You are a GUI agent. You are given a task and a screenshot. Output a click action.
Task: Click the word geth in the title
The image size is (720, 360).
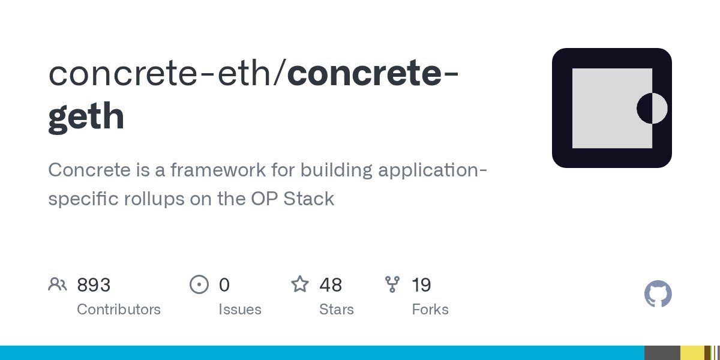86,116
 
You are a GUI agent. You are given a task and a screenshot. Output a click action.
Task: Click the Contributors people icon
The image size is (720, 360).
58,284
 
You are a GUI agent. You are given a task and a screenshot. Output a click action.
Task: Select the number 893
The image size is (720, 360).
94,285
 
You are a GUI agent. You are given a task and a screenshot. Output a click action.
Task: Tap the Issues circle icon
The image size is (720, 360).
199,284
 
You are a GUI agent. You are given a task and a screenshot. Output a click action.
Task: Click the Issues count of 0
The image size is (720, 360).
224,285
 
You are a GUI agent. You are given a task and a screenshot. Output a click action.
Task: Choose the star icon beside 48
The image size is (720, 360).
299,284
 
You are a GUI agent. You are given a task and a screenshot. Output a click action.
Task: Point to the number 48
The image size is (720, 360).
331,285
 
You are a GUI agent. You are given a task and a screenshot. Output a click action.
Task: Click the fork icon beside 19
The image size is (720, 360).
392,284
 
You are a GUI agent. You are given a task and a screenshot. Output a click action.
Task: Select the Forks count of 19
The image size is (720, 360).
421,285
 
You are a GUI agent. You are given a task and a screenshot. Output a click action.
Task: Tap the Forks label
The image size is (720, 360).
430,310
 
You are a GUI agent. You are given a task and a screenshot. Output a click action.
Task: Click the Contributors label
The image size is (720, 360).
119,310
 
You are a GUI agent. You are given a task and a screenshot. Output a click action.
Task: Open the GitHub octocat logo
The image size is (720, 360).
658,295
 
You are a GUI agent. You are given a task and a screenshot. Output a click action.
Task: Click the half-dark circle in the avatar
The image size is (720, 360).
652,109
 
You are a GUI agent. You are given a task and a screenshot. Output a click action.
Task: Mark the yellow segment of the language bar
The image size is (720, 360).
692,353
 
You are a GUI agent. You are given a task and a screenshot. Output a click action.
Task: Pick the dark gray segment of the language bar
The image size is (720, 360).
662,353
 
